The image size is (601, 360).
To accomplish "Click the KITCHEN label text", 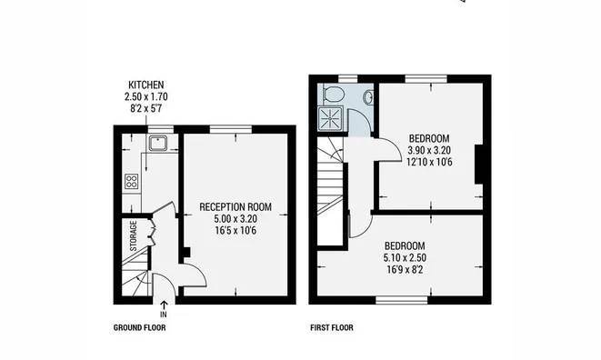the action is tap(146, 85).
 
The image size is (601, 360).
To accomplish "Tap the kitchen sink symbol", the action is tap(157, 144).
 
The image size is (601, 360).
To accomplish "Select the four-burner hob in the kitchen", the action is tap(131, 181).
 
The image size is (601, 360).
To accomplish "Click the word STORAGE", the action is tap(134, 235).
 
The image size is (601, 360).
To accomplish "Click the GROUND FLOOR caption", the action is tap(139, 328).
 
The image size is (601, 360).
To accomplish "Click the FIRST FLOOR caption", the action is tap(332, 328).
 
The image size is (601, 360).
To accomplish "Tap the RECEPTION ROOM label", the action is tap(235, 207).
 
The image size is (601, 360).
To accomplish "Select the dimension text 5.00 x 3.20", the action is tap(235, 219).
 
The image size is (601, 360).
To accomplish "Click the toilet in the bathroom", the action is tap(333, 94).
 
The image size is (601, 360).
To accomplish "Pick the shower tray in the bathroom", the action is tap(330, 118).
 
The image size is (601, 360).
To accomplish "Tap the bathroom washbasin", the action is tap(369, 97).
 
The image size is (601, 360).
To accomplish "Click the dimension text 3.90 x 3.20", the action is tap(429, 150).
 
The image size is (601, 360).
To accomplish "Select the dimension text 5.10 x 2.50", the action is tap(405, 257).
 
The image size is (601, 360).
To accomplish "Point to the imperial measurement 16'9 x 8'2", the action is tap(405, 269).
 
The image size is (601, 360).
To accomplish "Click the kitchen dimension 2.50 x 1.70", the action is tap(146, 96).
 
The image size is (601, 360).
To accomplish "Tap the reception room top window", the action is tap(231, 130).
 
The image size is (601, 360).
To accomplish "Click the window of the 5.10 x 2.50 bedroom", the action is tap(402, 300).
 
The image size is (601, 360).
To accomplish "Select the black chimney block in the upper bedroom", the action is tap(479, 165).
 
